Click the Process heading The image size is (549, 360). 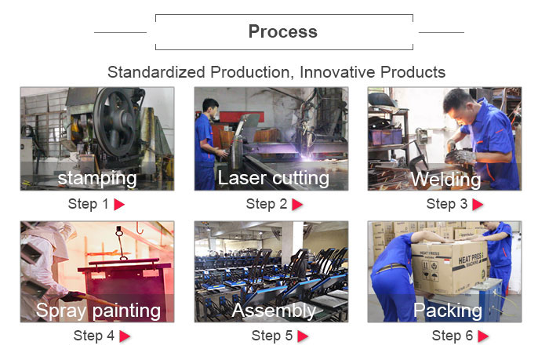pos(283,32)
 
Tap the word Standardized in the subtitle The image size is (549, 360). pos(156,72)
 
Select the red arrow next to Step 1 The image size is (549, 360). pos(119,205)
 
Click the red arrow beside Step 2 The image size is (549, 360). pos(297,205)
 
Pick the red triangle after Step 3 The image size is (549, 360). pos(478,205)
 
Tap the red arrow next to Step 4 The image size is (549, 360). pos(125,336)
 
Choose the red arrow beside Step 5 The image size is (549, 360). pos(303,336)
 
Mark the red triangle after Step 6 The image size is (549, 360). pos(483,336)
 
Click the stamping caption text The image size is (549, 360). pos(97,179)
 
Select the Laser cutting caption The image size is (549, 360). pos(274,178)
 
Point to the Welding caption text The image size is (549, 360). pos(445,180)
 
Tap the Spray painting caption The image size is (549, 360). pos(98,311)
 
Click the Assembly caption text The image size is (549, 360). pos(274,311)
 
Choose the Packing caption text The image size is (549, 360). pos(448,311)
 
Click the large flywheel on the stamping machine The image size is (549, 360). pos(115,122)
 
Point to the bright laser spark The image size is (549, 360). pos(307,156)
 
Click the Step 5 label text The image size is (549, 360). pos(272,336)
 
